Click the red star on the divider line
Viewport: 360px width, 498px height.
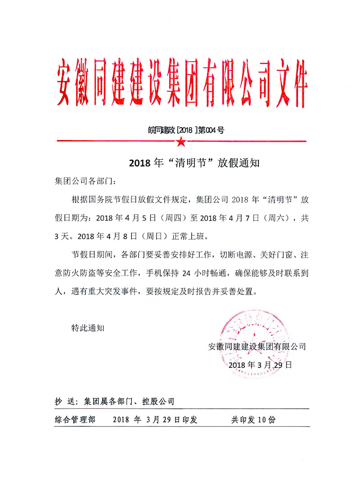tap(181, 142)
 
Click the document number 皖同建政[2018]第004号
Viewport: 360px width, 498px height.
tap(186, 131)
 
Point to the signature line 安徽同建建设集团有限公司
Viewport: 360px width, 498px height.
tap(257, 347)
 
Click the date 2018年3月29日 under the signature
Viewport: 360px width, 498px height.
tap(261, 365)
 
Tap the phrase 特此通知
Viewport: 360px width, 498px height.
tap(88, 327)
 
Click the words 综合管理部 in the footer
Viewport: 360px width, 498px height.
tap(75, 420)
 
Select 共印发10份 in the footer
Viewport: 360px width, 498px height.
tap(253, 420)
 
